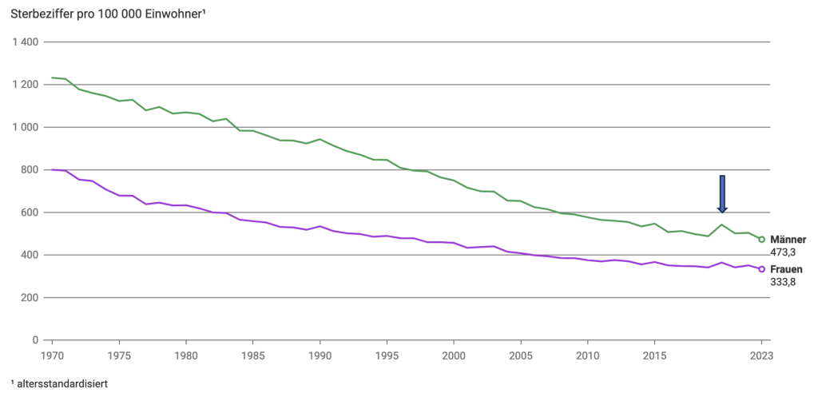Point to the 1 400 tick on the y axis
coord(26,42)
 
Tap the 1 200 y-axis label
coord(26,85)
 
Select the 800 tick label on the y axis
coord(32,170)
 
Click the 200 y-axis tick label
coord(32,298)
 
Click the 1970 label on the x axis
coord(53,355)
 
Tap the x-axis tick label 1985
coord(253,355)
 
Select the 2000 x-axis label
coord(454,355)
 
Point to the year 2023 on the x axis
coord(761,355)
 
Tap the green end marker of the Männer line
coord(761,240)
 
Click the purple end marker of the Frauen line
coord(761,269)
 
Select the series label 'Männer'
coord(788,240)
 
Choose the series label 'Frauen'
coord(786,269)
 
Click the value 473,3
coord(783,252)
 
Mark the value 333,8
coord(783,281)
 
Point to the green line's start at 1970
coord(53,77)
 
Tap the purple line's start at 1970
coord(53,169)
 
